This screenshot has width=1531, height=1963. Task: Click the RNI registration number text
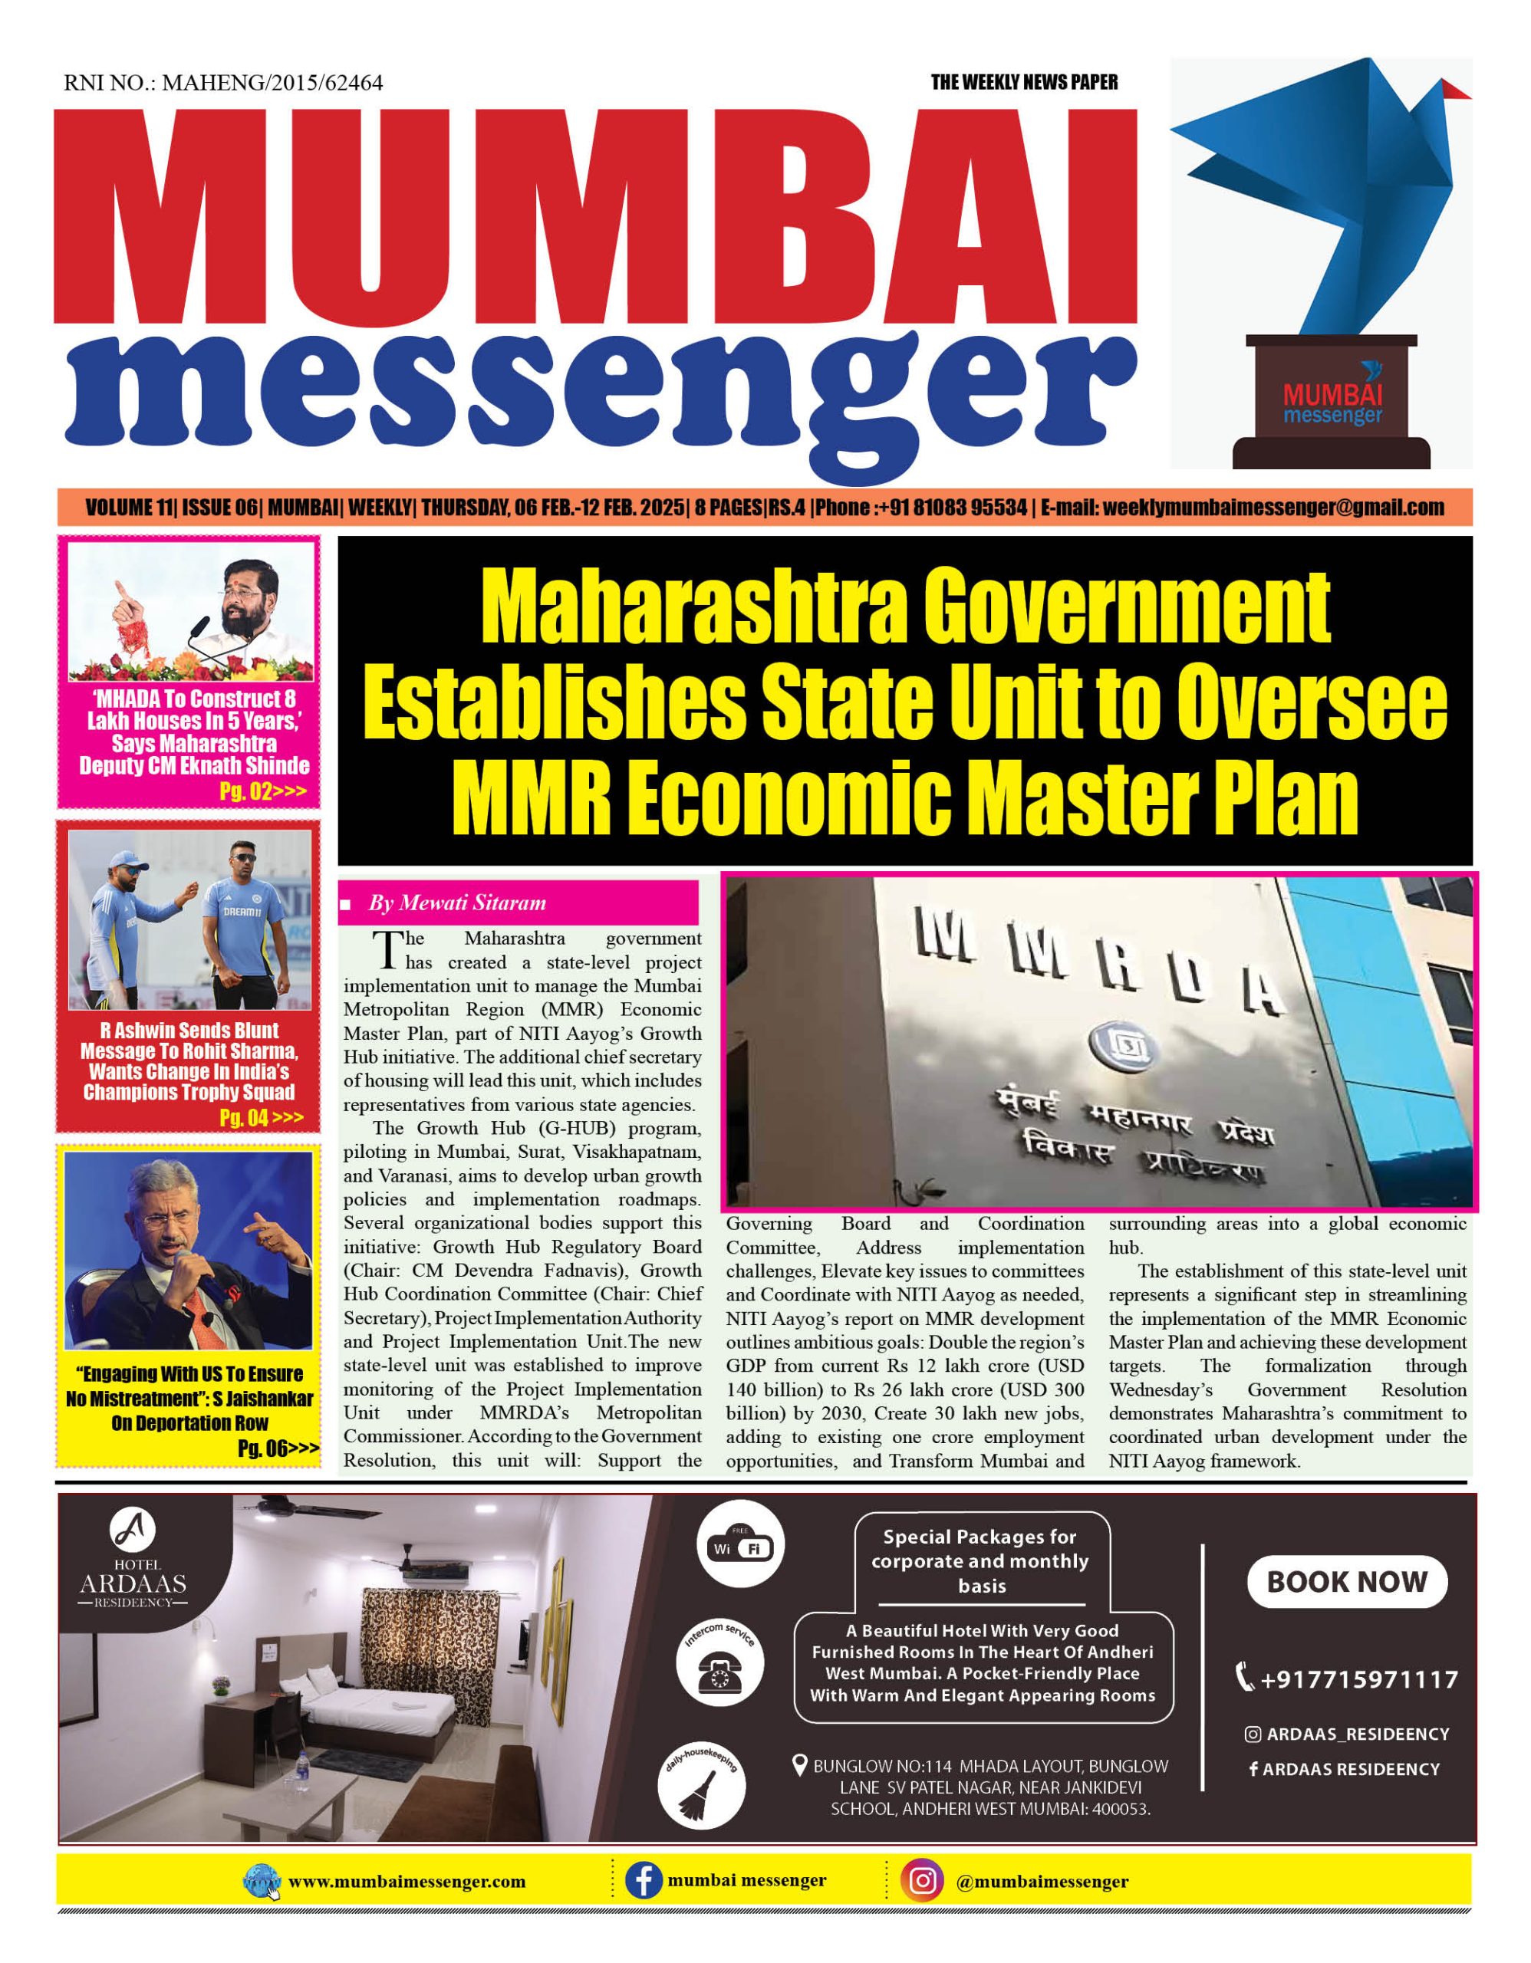(223, 84)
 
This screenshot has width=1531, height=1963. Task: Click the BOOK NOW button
(1346, 1582)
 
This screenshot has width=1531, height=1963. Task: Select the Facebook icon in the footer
(643, 1880)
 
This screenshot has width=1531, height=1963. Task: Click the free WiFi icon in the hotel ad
(741, 1547)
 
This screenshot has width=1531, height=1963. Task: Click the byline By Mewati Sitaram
(456, 903)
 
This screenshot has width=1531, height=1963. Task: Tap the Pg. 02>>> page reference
(262, 792)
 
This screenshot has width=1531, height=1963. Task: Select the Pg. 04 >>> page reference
(261, 1117)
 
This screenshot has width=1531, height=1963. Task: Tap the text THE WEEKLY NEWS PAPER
(1024, 83)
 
